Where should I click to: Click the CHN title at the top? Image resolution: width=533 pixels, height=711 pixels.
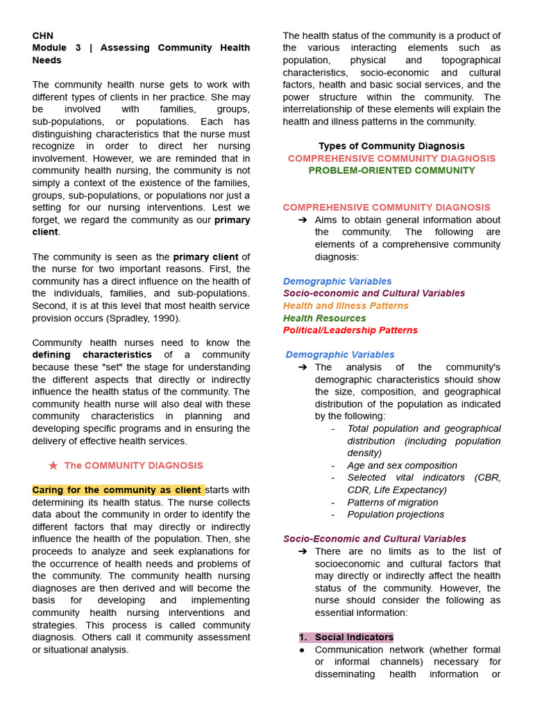42,35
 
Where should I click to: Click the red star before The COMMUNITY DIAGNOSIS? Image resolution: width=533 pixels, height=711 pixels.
53,466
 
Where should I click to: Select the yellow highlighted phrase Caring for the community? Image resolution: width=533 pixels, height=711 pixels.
118,490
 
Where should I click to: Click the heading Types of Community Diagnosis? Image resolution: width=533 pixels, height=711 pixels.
391,146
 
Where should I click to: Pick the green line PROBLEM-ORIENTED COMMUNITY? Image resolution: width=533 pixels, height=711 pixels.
391,171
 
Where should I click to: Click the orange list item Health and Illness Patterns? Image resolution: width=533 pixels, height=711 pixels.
346,306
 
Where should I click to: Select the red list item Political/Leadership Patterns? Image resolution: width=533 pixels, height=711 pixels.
350,331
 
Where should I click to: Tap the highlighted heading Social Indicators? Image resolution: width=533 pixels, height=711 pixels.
353,637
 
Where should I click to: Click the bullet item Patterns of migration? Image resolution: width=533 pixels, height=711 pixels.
392,503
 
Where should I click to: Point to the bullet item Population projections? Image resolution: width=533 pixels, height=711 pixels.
396,515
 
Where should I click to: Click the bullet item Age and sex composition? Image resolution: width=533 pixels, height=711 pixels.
402,466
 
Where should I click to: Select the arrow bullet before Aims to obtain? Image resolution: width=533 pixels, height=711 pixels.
303,220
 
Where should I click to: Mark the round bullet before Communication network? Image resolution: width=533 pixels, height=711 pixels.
302,650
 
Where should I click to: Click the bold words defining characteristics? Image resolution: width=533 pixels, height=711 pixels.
92,355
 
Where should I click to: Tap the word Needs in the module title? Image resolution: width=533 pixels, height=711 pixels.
46,60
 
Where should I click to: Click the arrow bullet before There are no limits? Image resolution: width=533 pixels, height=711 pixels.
303,551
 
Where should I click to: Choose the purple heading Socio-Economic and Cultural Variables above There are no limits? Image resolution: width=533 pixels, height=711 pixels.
374,539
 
